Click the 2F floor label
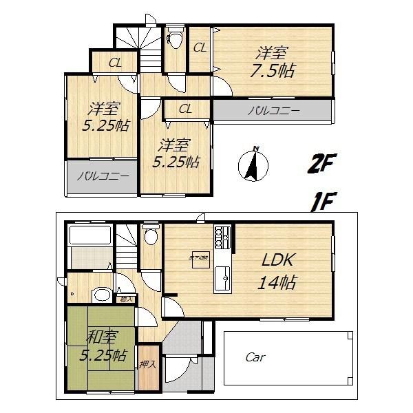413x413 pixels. pyautogui.click(x=321, y=164)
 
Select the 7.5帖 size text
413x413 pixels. pyautogui.click(x=273, y=70)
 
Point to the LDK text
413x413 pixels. pyautogui.click(x=278, y=260)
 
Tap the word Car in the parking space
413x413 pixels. pyautogui.click(x=255, y=357)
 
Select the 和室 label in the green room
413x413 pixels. pyautogui.click(x=101, y=337)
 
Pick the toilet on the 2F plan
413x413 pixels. pyautogui.click(x=175, y=41)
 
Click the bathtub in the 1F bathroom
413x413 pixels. pyautogui.click(x=89, y=237)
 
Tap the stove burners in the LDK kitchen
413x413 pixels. pyautogui.click(x=222, y=237)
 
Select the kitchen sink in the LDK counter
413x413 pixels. pyautogui.click(x=223, y=278)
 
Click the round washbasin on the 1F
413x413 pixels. pyautogui.click(x=101, y=295)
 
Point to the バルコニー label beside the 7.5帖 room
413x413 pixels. pyautogui.click(x=273, y=110)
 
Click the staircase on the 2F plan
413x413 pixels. pyautogui.click(x=139, y=47)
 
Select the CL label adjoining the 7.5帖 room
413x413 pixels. pyautogui.click(x=200, y=47)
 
